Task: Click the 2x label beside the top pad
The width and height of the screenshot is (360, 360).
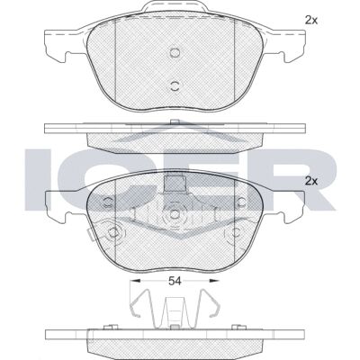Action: pos(311,20)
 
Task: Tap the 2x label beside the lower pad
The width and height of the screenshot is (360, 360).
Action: pos(311,181)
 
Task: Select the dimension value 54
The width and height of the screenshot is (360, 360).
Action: pos(175,281)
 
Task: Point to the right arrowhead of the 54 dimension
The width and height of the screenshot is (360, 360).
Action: pos(214,281)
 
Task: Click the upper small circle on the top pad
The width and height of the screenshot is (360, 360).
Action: pos(175,53)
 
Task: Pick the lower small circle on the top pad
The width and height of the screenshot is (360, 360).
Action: pos(175,86)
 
